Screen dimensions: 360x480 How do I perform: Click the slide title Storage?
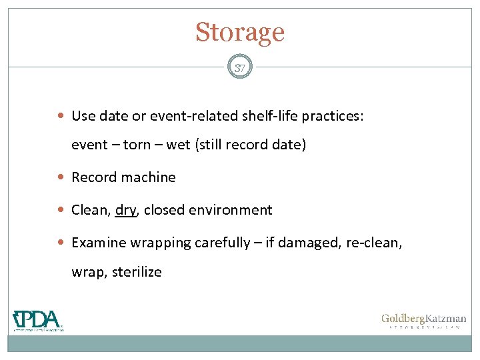tap(240, 32)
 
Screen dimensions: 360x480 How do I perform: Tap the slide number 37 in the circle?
tap(240, 67)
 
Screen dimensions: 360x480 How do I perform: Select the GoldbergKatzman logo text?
tap(423, 319)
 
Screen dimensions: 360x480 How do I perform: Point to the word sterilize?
tap(137, 272)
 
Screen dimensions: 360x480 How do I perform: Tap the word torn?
tap(137, 145)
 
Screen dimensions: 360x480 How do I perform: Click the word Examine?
tap(97, 243)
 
